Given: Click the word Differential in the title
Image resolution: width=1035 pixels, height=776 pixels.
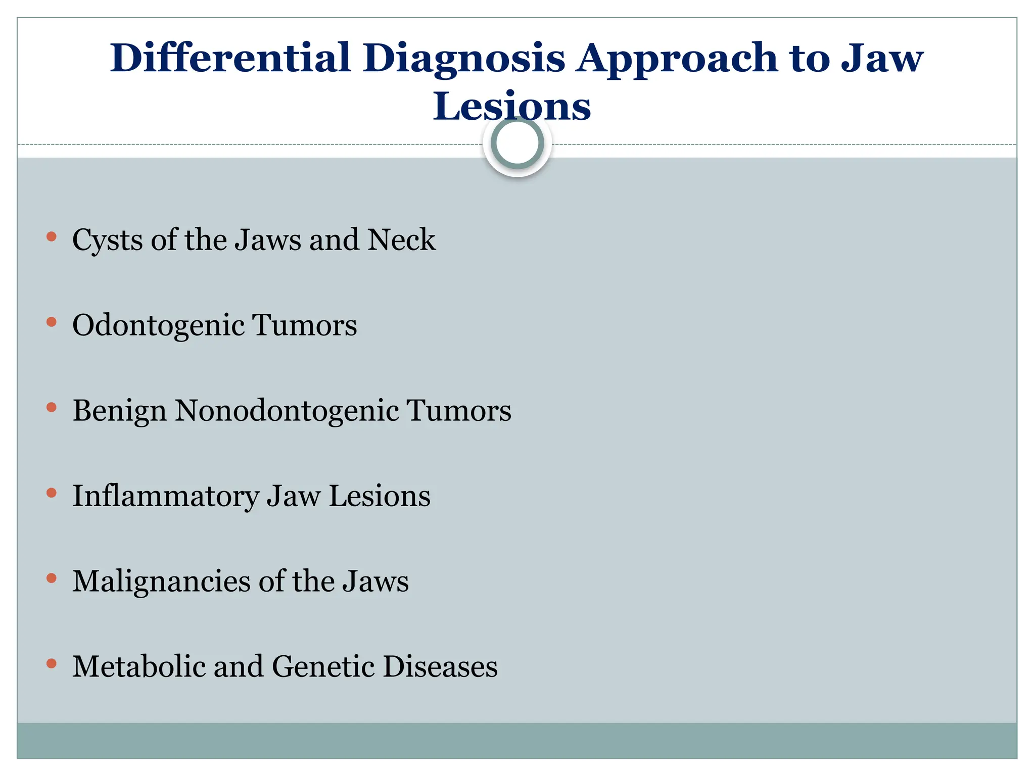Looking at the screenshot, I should tap(230, 58).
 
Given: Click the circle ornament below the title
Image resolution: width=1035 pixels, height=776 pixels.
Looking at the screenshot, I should tap(517, 143).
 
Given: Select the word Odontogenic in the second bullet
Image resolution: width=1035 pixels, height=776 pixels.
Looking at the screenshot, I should tap(158, 326).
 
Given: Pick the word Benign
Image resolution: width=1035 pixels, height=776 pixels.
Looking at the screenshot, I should tap(119, 411).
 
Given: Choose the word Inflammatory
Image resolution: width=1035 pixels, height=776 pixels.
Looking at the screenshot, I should tap(165, 497).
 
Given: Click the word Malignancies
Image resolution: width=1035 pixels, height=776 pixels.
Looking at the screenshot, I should tap(161, 582).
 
